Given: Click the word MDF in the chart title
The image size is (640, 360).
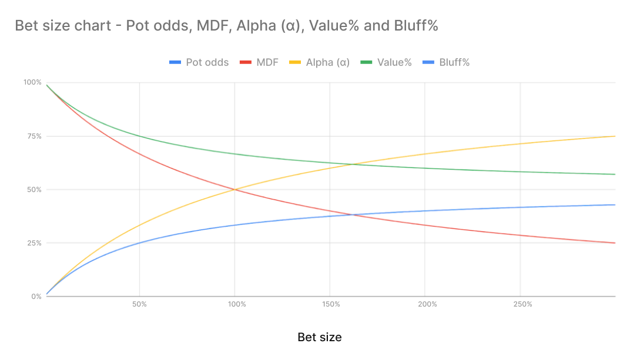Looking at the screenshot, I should [195, 26].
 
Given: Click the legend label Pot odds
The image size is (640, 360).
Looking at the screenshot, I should [207, 62].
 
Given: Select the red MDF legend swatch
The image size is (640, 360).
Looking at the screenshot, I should [245, 62].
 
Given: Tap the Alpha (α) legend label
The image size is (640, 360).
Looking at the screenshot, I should [327, 62].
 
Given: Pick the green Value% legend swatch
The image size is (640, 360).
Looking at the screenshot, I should [366, 62].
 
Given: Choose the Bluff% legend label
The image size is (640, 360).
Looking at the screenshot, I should [454, 62].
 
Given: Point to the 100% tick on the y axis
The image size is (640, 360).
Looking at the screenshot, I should [33, 82].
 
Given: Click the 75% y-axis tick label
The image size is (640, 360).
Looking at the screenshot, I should [34, 136].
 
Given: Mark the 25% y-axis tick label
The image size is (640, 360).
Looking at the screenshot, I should [34, 243].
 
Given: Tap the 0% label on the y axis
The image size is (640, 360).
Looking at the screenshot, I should [36, 297].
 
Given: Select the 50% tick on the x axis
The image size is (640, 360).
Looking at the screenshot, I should [139, 304].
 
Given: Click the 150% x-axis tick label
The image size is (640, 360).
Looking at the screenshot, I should [331, 304].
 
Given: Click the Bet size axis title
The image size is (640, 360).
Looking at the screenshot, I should [319, 337].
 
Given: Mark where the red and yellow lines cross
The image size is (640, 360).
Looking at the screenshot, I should [235, 189].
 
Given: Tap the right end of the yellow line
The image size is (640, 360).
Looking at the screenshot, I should [615, 136].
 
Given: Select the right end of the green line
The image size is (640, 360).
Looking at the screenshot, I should [615, 174].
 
